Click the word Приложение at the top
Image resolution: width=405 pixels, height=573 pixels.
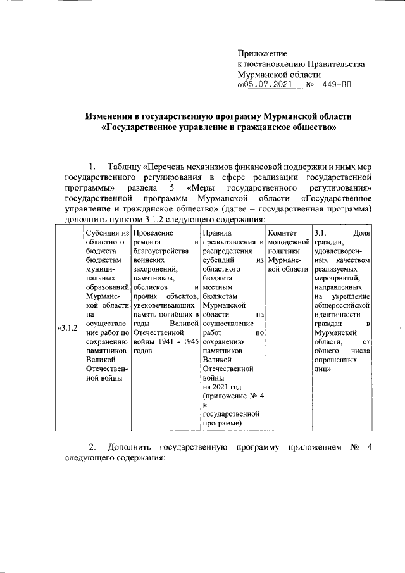point(262,53)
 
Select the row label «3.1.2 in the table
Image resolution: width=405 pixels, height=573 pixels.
point(68,327)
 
